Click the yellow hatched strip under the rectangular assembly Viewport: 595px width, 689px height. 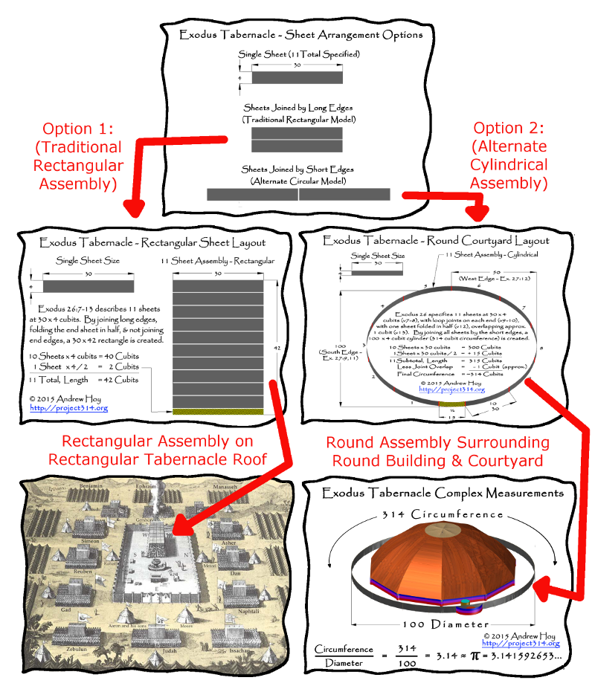pos(217,411)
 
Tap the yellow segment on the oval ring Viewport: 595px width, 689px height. pos(451,404)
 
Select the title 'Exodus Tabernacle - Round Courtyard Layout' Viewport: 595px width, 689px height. pos(436,242)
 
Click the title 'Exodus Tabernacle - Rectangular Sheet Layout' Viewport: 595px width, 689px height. pos(152,243)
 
